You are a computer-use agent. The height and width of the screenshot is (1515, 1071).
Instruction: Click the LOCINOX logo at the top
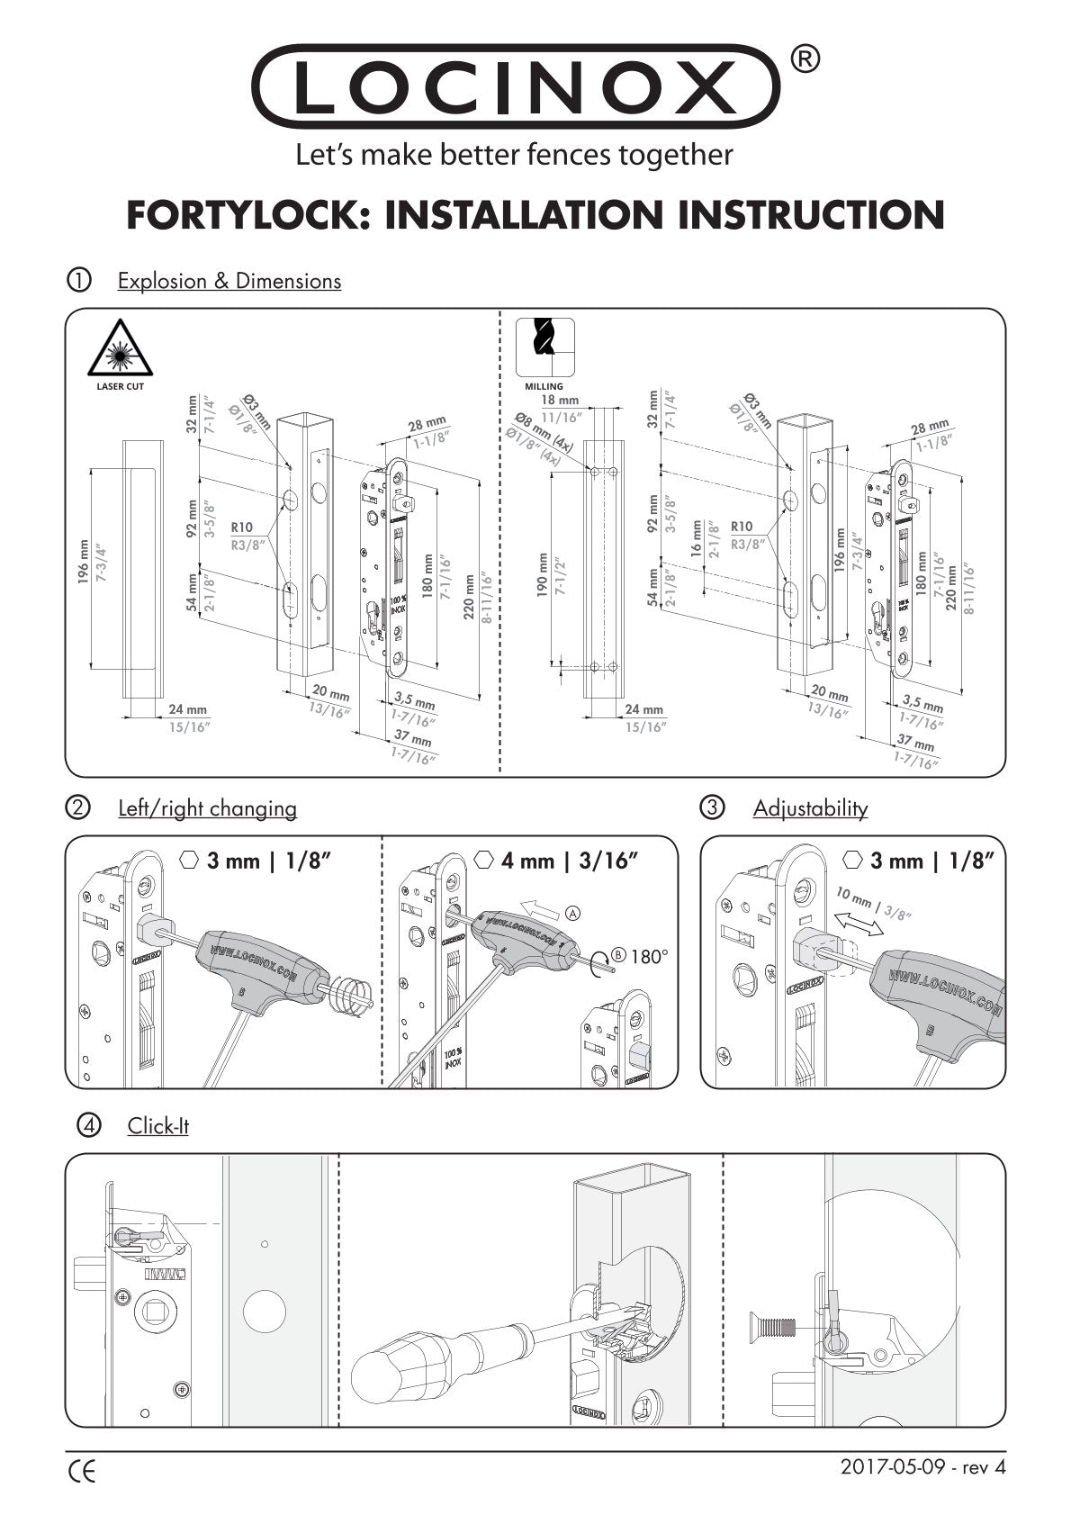pyautogui.click(x=515, y=87)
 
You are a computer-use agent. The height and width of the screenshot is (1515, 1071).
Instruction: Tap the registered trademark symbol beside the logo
pyautogui.click(x=804, y=59)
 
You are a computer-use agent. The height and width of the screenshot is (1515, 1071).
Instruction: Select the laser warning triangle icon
pyautogui.click(x=121, y=351)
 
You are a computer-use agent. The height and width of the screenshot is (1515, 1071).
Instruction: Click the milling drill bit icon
pyautogui.click(x=544, y=347)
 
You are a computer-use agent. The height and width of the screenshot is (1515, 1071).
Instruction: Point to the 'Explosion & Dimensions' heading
pyautogui.click(x=229, y=281)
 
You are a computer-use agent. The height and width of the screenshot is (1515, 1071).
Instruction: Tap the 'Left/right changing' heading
pyautogui.click(x=207, y=808)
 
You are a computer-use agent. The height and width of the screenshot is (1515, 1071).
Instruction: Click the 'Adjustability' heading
pyautogui.click(x=810, y=808)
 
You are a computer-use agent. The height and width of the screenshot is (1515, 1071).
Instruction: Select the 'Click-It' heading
pyautogui.click(x=157, y=1126)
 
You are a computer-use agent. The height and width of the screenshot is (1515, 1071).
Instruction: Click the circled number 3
pyautogui.click(x=712, y=808)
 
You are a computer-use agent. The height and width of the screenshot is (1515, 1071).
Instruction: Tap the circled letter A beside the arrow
pyautogui.click(x=572, y=913)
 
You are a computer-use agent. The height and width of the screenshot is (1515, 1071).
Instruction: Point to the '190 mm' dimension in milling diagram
pyautogui.click(x=544, y=573)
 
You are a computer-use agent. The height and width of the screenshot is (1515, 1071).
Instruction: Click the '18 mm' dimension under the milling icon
pyautogui.click(x=560, y=400)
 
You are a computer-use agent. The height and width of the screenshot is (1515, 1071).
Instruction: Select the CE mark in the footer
pyautogui.click(x=82, y=1473)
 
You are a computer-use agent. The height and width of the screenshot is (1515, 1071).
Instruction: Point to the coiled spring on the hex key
pyautogui.click(x=348, y=996)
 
